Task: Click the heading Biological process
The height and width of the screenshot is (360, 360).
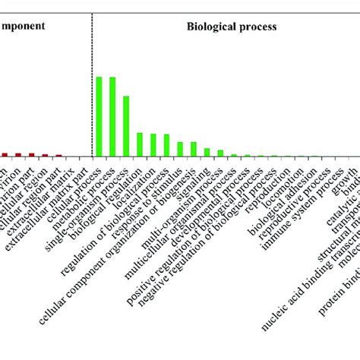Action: (x=232, y=26)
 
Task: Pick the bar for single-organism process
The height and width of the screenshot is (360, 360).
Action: (x=126, y=126)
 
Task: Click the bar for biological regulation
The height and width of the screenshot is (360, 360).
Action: (x=140, y=144)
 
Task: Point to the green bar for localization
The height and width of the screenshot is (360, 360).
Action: (x=153, y=145)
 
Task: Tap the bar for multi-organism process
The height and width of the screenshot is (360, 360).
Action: (x=207, y=152)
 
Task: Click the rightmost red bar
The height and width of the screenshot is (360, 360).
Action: (x=58, y=155)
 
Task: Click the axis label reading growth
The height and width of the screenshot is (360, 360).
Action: (x=346, y=172)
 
